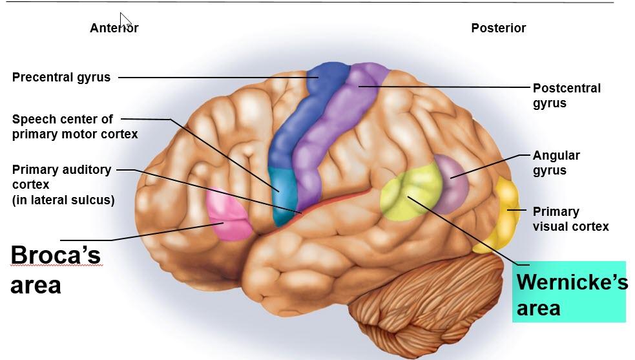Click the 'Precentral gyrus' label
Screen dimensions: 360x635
pyautogui.click(x=61, y=78)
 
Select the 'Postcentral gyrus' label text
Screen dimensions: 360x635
pyautogui.click(x=566, y=96)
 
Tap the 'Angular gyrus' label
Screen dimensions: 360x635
pyautogui.click(x=556, y=163)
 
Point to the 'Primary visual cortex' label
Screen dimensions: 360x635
pyautogui.click(x=570, y=219)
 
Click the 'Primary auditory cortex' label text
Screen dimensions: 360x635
pyautogui.click(x=63, y=185)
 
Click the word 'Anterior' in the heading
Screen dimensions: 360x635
pyautogui.click(x=114, y=28)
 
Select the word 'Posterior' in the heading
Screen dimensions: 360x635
pyautogui.click(x=498, y=28)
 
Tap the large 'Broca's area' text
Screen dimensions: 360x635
pyautogui.click(x=56, y=269)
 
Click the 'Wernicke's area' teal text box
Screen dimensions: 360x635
pyautogui.click(x=569, y=293)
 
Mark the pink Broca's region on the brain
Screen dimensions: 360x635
pyautogui.click(x=228, y=214)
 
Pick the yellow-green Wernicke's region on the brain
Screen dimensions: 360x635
pyautogui.click(x=410, y=191)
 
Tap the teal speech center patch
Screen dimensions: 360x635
pyautogui.click(x=282, y=194)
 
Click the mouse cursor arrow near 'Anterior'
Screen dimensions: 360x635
pyautogui.click(x=125, y=20)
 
